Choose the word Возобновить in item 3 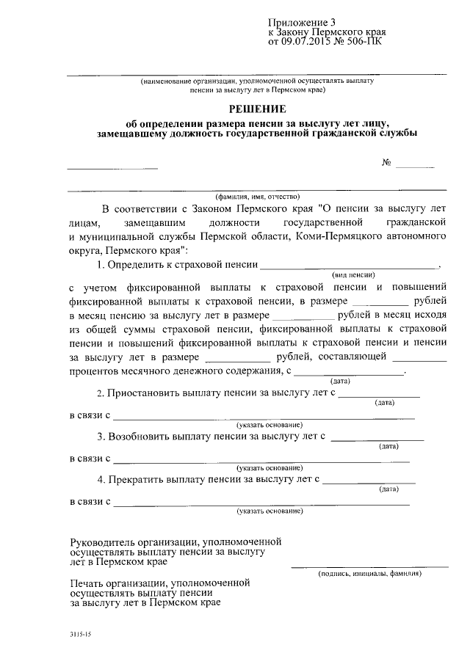139,436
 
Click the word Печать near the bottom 87,582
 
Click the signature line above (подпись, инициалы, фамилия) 369,566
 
